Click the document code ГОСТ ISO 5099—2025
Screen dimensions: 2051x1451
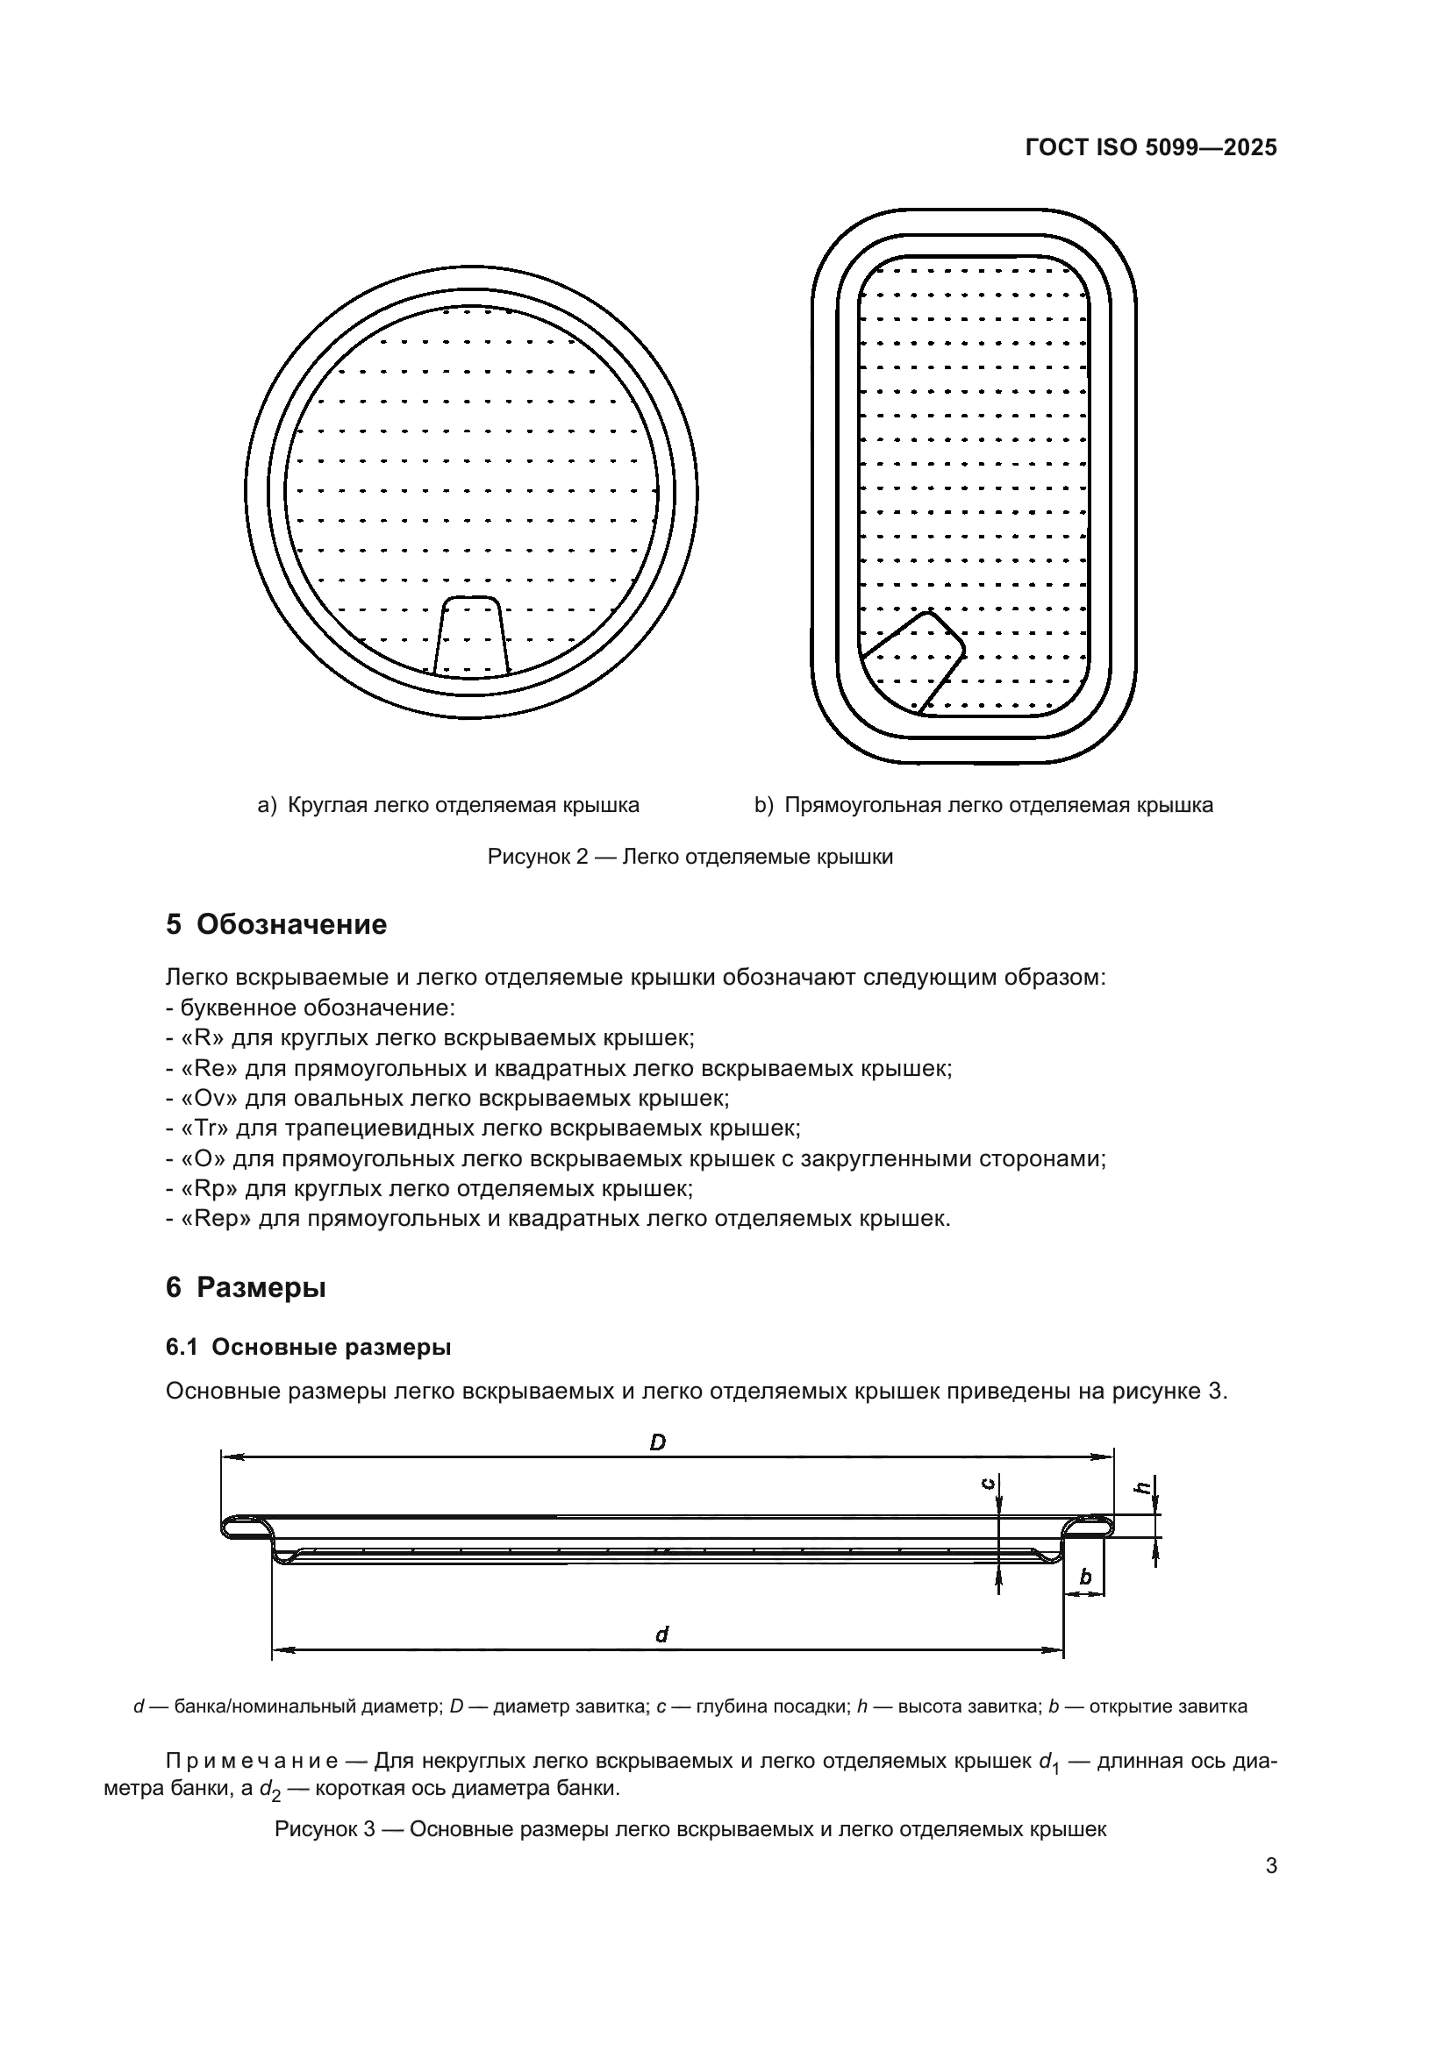1151,147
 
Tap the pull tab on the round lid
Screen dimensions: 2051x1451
471,637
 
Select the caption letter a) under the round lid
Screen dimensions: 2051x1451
268,806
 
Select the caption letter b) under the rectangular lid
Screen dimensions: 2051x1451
764,806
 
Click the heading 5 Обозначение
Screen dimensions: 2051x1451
276,924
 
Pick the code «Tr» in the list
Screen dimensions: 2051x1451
204,1129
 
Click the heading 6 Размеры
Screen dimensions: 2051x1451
246,1288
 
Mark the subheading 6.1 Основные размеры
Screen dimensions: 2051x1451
308,1347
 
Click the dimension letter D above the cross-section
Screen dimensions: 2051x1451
658,1442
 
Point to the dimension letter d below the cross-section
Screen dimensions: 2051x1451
662,1634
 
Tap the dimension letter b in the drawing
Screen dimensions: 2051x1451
1085,1577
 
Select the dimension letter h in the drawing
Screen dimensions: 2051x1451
1142,1487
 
